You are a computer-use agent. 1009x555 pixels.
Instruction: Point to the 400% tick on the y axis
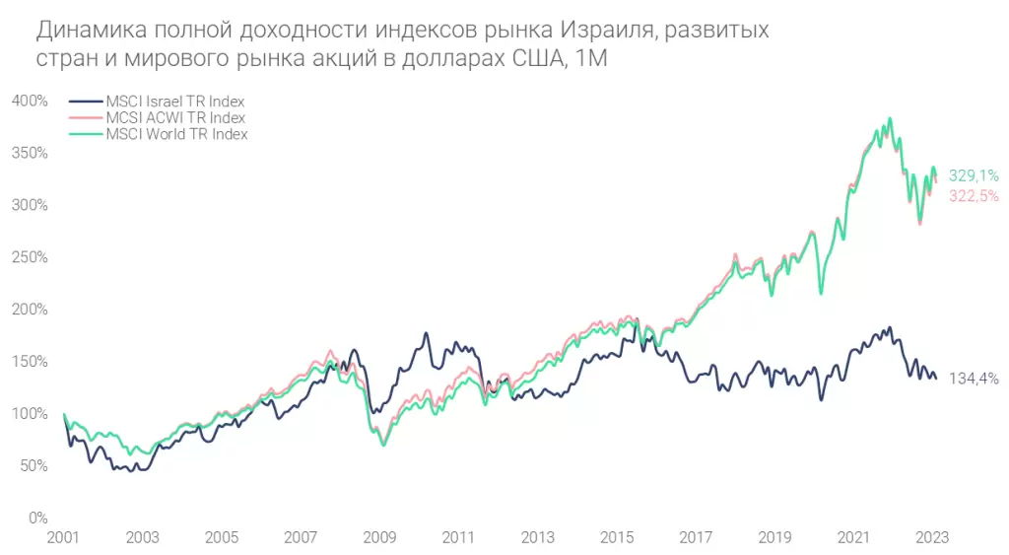click(x=30, y=101)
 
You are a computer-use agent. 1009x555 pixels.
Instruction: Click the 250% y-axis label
click(x=30, y=257)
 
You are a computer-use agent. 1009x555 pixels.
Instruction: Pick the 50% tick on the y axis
click(x=34, y=465)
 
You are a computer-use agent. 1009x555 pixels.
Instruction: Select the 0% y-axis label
click(x=36, y=518)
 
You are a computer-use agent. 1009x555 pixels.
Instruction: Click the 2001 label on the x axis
click(x=64, y=537)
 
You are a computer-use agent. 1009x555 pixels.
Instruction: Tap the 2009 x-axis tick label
click(x=379, y=537)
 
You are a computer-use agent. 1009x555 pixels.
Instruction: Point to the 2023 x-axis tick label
click(x=932, y=537)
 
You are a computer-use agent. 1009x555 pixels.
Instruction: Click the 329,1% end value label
click(x=974, y=175)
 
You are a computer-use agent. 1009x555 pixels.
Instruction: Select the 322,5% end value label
click(x=974, y=196)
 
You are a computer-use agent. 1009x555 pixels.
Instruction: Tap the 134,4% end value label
click(x=974, y=378)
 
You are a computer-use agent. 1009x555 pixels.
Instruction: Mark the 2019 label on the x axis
click(x=774, y=537)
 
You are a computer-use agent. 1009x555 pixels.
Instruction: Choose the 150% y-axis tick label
click(x=30, y=362)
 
